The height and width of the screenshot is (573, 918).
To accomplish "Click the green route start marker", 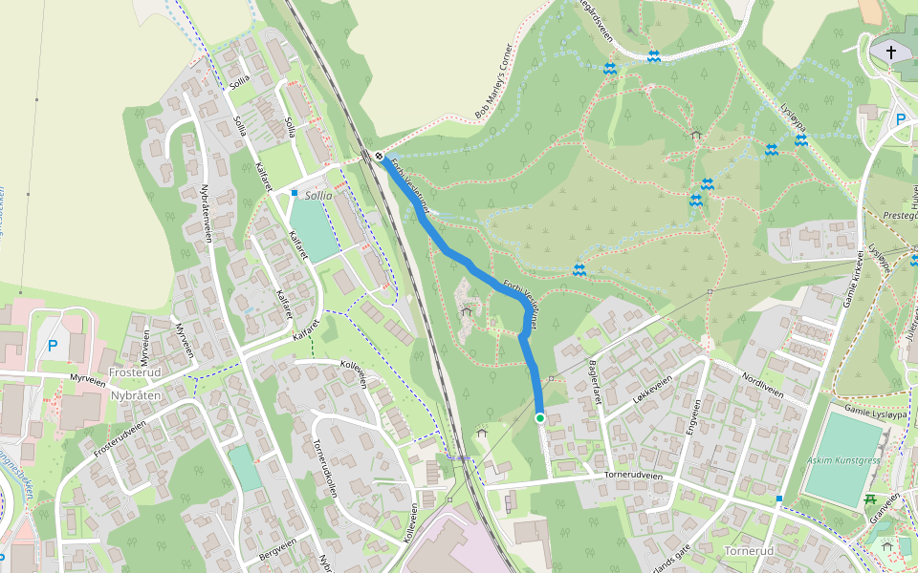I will pyautogui.click(x=540, y=418).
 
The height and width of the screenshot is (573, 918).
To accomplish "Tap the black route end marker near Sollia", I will pyautogui.click(x=380, y=156).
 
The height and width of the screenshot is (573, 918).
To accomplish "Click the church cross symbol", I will pyautogui.click(x=892, y=52).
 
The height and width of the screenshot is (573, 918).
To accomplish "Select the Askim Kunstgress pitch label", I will pyautogui.click(x=843, y=459).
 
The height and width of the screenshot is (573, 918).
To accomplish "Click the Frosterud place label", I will pyautogui.click(x=133, y=371).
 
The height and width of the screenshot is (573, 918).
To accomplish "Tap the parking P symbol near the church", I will pyautogui.click(x=900, y=120).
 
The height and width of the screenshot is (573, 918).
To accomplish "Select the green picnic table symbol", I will pyautogui.click(x=871, y=499).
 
